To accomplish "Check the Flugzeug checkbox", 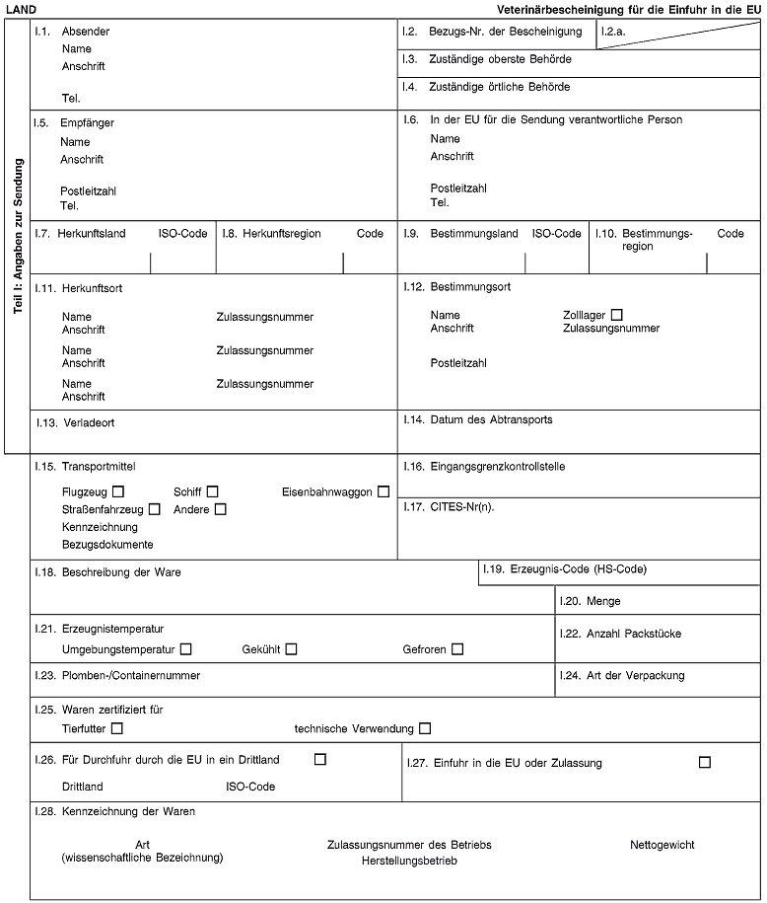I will pyautogui.click(x=118, y=491).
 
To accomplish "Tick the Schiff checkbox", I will pyautogui.click(x=212, y=491).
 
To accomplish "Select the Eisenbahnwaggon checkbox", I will pyautogui.click(x=383, y=491).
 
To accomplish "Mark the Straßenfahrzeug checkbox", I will pyautogui.click(x=155, y=509).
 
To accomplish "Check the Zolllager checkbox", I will pyautogui.click(x=616, y=314).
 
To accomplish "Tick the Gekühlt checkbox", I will pyautogui.click(x=291, y=649).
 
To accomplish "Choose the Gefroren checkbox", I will pyautogui.click(x=457, y=649).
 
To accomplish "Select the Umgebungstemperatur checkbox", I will pyautogui.click(x=186, y=649).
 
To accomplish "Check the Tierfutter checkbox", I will pyautogui.click(x=118, y=728).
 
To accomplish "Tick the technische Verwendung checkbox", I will pyautogui.click(x=425, y=728).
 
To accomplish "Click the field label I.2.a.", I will pyautogui.click(x=614, y=33).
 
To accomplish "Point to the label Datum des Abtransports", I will pyautogui.click(x=491, y=419).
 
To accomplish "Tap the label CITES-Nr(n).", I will pyautogui.click(x=462, y=507).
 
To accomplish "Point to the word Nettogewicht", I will pyautogui.click(x=662, y=845).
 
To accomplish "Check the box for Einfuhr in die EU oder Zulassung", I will pyautogui.click(x=704, y=762).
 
